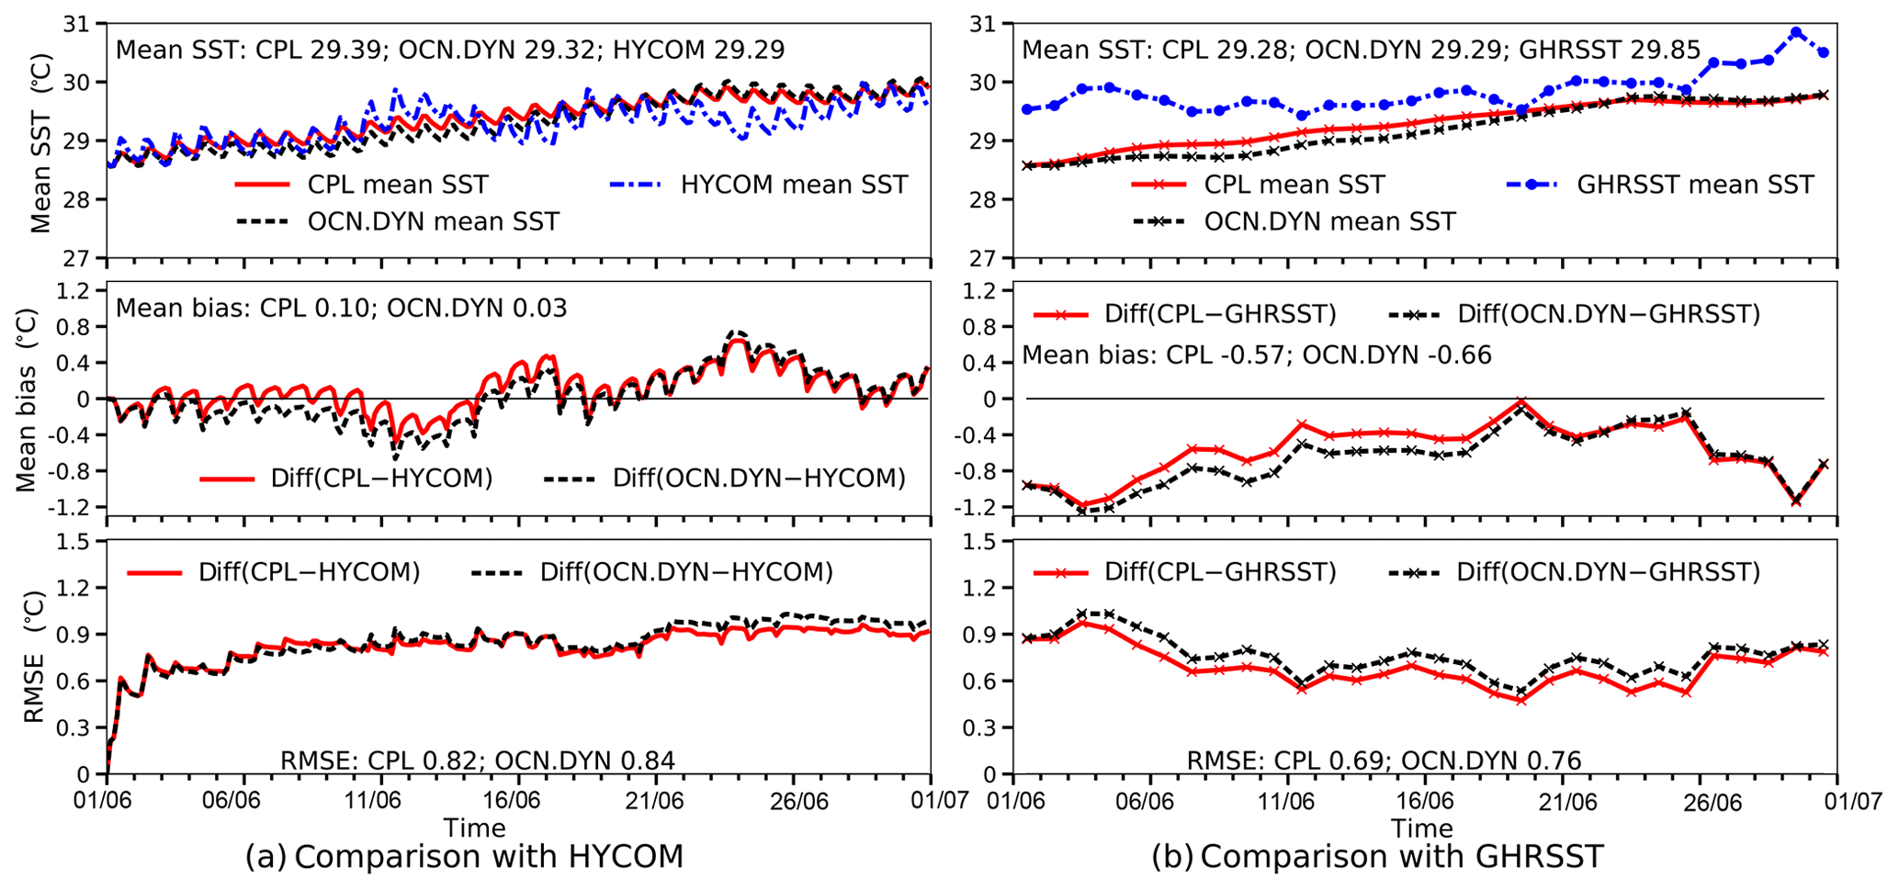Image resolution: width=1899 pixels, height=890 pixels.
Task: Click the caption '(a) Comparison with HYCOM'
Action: (x=464, y=857)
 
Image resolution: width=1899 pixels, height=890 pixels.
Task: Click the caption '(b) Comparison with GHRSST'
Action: (x=1377, y=857)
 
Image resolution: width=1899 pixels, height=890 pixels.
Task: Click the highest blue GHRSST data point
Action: (x=1796, y=32)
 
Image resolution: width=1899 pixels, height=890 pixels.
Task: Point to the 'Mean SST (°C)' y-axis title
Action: (x=40, y=142)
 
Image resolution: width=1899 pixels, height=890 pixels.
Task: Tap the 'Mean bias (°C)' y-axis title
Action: (x=27, y=400)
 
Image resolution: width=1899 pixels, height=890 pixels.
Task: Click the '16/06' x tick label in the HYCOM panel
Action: (x=516, y=801)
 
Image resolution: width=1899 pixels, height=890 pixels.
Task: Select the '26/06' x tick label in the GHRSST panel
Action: (x=1706, y=801)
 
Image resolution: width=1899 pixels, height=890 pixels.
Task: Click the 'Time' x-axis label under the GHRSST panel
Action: (x=1421, y=828)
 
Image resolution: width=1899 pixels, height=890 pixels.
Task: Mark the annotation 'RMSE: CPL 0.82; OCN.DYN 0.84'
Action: (x=477, y=760)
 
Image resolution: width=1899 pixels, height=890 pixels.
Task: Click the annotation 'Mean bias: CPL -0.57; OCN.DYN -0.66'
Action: (x=1256, y=355)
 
